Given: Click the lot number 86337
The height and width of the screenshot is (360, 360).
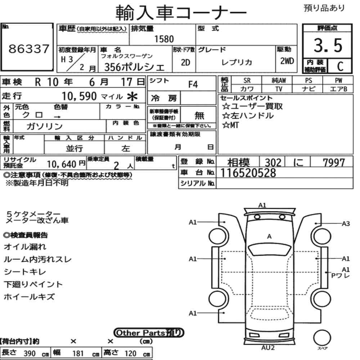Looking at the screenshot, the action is pyautogui.click(x=29, y=49).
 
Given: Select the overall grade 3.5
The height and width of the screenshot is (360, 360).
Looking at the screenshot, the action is pyautogui.click(x=328, y=45).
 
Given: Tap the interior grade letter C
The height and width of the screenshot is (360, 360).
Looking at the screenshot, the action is pyautogui.click(x=340, y=66).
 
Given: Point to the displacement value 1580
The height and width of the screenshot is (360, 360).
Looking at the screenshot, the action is pyautogui.click(x=164, y=39).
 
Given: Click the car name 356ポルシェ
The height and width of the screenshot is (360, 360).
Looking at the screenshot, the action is pyautogui.click(x=135, y=67).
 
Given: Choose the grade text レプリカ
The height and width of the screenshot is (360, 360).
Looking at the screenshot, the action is pyautogui.click(x=237, y=62).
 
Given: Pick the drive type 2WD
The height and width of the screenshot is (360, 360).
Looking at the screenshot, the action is pyautogui.click(x=287, y=61).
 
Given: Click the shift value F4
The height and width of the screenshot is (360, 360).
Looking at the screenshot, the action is pyautogui.click(x=193, y=85).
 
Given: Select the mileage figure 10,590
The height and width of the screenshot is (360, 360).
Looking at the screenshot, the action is pyautogui.click(x=79, y=96).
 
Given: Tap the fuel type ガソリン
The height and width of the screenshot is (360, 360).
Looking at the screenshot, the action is pyautogui.click(x=45, y=126).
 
